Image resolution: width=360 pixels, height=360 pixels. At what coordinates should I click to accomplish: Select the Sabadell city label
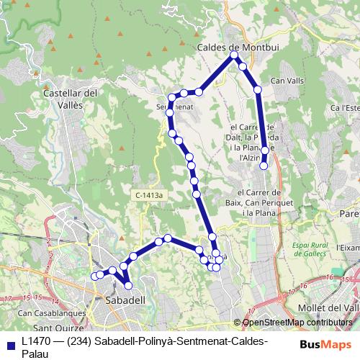(125, 299)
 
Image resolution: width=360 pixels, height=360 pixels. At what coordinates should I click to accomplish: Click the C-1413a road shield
(150, 194)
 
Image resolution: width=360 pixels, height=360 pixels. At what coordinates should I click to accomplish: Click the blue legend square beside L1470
(10, 344)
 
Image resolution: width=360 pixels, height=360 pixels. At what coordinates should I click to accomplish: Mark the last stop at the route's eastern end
(264, 166)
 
